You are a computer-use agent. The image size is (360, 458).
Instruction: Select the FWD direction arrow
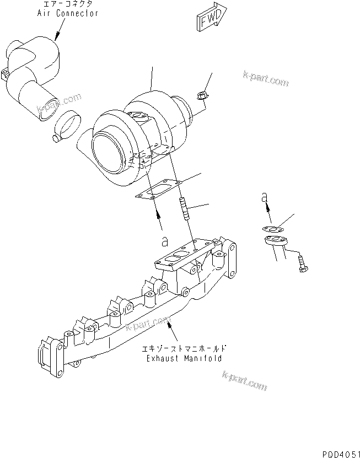(210, 20)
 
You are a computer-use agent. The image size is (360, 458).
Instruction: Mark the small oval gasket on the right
(271, 228)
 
